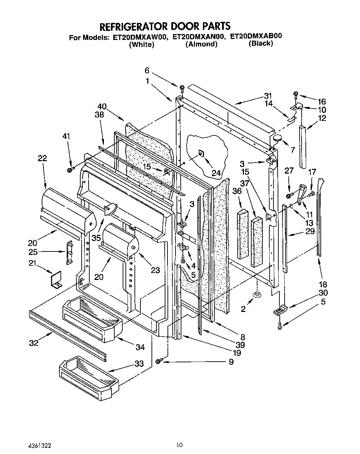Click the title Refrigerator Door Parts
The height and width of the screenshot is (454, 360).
pos(165,26)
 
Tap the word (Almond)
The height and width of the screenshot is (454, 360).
pos(201,44)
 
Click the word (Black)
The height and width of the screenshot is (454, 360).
pos(261,43)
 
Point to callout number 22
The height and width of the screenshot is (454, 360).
pos(42,158)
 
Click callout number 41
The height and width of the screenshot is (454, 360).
pos(66,137)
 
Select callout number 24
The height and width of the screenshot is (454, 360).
pos(216,173)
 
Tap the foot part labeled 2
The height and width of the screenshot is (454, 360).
pos(257,295)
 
